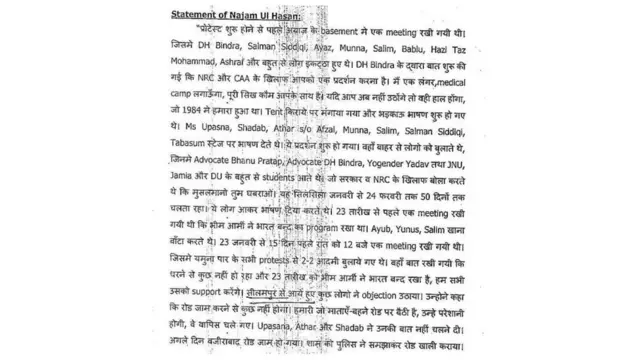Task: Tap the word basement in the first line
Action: pos(311,33)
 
